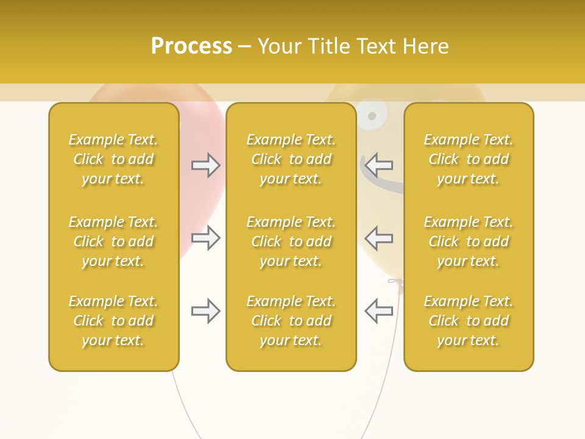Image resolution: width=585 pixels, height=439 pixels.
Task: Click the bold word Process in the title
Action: click(x=191, y=46)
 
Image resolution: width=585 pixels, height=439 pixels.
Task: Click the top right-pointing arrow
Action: click(x=206, y=165)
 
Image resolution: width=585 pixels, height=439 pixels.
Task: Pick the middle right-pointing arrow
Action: click(x=206, y=238)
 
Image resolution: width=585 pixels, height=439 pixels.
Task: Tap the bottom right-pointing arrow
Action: click(x=206, y=311)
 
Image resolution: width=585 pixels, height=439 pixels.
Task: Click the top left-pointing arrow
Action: click(x=378, y=165)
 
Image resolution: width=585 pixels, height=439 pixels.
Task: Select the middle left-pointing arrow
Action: click(x=378, y=238)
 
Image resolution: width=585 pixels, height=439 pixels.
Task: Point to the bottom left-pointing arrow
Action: click(x=378, y=311)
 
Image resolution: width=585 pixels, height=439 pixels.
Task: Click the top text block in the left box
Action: click(x=113, y=159)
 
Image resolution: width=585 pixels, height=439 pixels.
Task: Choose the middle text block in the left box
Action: click(x=113, y=241)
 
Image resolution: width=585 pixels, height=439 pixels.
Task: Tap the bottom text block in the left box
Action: click(x=113, y=321)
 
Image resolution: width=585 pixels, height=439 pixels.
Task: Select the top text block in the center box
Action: click(x=291, y=159)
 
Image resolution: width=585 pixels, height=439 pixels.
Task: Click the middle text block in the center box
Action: click(x=291, y=241)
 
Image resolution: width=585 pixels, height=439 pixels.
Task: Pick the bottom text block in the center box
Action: click(x=291, y=321)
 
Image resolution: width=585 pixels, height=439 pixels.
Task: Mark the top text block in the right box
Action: click(x=469, y=159)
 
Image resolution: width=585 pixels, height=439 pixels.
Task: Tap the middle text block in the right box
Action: click(x=469, y=241)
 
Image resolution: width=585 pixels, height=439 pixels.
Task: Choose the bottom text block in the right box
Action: click(x=469, y=321)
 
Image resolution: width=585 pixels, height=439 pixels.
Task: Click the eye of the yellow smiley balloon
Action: click(x=372, y=115)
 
